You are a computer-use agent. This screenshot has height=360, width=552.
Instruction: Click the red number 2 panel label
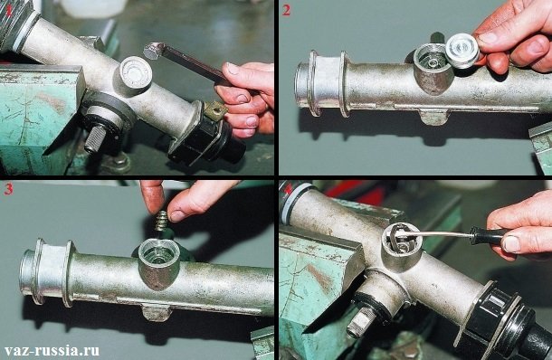point(286,11)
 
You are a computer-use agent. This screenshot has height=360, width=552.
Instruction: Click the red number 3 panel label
point(8,189)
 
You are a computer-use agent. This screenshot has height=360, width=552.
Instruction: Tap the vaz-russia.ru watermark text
point(52,350)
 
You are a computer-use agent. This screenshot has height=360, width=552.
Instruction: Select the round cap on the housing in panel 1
point(136,72)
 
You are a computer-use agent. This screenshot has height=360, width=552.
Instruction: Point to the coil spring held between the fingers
point(162,221)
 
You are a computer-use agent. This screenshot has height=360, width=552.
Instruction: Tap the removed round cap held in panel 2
point(462,51)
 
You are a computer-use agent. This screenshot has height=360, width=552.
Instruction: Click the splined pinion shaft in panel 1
point(95,138)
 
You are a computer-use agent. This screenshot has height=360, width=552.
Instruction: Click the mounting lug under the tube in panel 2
point(435,117)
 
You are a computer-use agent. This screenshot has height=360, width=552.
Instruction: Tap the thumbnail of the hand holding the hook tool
point(510,243)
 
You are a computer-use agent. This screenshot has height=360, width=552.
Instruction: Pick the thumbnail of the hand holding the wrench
point(233,68)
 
